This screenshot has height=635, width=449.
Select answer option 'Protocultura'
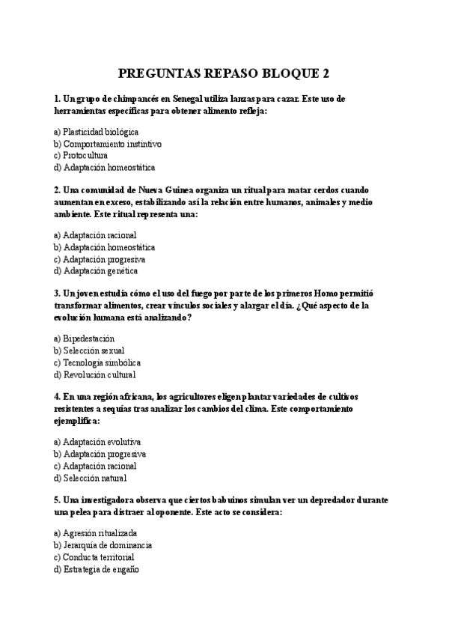[x=85, y=156]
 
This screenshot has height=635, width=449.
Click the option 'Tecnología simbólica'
[x=97, y=362]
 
